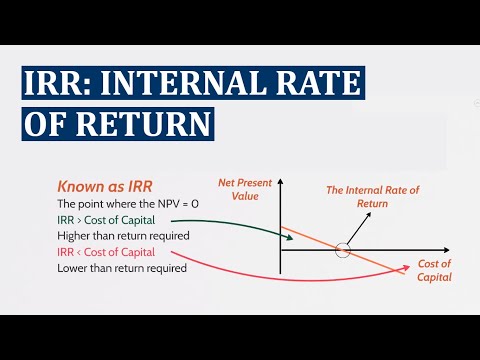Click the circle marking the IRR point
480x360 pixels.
[x=343, y=249]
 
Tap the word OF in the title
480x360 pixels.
[x=52, y=123]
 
